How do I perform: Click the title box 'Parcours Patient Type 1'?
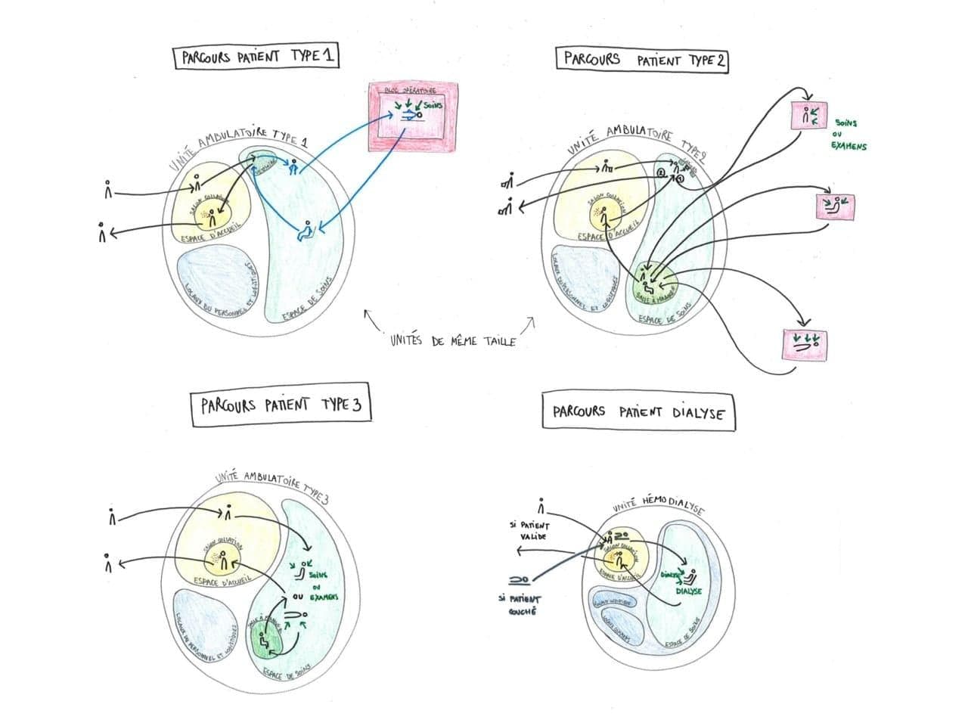click(256, 57)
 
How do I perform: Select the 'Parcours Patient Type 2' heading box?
click(642, 60)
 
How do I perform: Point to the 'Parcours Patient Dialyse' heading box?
click(638, 412)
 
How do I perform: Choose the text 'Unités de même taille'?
click(452, 340)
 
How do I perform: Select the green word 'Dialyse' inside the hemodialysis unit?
click(688, 591)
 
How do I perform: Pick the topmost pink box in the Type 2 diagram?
click(809, 116)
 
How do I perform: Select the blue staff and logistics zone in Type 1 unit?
click(217, 283)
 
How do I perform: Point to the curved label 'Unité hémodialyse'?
click(657, 504)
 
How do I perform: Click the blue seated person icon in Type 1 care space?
click(306, 230)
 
